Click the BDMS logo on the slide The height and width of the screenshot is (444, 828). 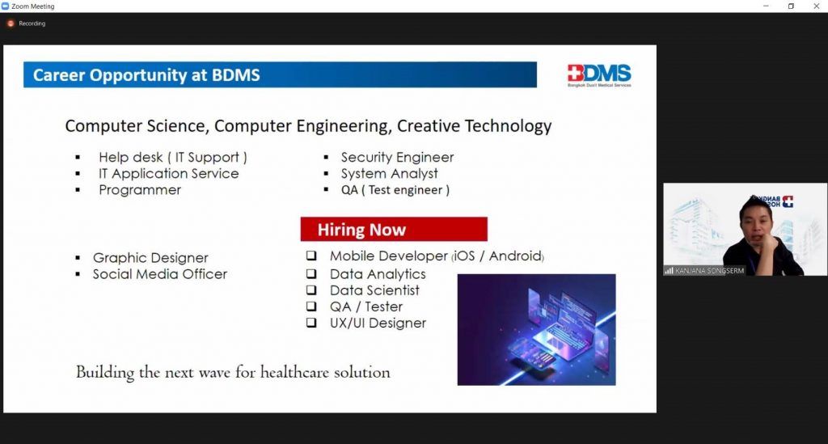pos(599,75)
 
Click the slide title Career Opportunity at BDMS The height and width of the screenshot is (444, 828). pos(146,75)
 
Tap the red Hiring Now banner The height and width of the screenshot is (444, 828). pos(394,229)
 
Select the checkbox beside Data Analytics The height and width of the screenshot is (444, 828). pos(311,273)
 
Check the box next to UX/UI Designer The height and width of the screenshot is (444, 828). pos(311,322)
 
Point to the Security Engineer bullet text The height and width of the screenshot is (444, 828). pos(397,158)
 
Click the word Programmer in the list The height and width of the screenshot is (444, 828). pos(140,190)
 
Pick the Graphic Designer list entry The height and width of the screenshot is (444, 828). pos(150,258)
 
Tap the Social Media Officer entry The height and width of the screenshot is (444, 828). pos(160,274)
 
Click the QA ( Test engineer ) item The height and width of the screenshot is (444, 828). pos(395,190)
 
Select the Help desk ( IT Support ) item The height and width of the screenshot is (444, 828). pos(173,158)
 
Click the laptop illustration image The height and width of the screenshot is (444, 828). pos(537,329)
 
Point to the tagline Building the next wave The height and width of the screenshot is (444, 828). pos(233,372)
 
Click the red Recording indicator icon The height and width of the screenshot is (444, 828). pos(11,23)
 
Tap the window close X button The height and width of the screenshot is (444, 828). pos(817,6)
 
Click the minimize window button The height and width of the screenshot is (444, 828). pos(767,6)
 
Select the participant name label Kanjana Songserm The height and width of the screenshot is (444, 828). pos(709,271)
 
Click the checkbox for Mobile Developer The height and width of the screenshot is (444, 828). pos(311,256)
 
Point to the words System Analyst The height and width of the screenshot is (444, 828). pos(389,174)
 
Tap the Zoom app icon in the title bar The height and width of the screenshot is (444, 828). pos(6,6)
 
